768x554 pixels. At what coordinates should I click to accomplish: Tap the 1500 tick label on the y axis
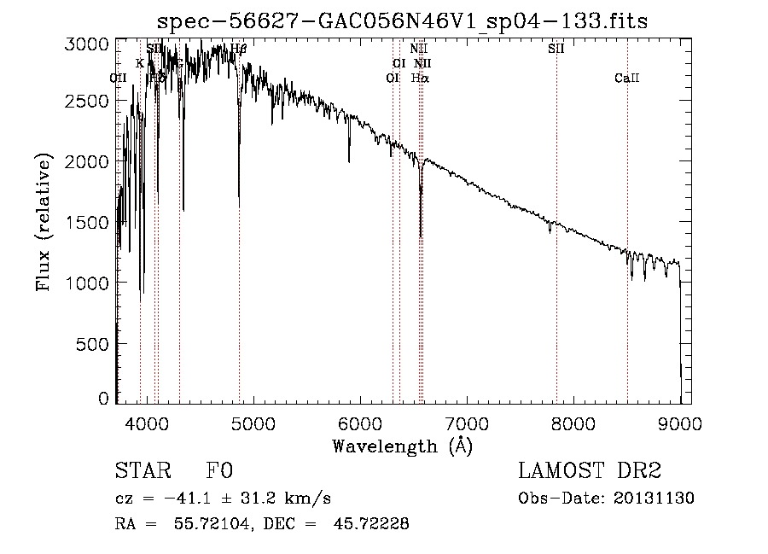pos(87,223)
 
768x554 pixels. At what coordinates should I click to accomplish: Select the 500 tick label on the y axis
pos(94,343)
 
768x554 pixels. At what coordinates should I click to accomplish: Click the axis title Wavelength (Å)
pos(402,446)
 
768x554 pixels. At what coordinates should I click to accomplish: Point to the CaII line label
pos(626,79)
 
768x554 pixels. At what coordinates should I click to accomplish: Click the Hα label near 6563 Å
pos(420,78)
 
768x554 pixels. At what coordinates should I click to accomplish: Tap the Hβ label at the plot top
pos(238,49)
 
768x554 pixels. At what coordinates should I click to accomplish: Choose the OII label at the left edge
pos(119,78)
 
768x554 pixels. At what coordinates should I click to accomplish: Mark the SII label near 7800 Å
pos(556,49)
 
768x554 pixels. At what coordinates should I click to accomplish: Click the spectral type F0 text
pos(219,472)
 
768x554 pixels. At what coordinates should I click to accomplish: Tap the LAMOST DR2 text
pos(590,472)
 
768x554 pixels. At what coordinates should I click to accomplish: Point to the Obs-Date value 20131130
pos(654,499)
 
